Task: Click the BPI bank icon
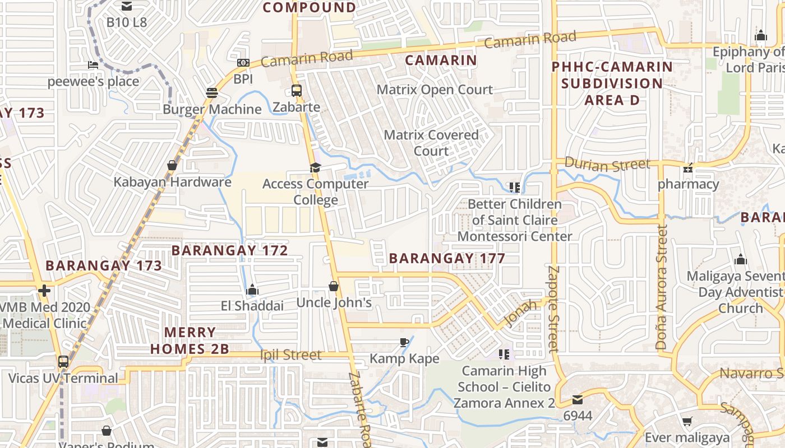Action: click(243, 63)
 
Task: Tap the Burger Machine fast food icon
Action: click(211, 92)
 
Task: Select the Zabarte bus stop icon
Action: click(296, 90)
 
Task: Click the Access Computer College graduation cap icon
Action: click(315, 167)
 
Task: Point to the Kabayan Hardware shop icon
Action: click(172, 165)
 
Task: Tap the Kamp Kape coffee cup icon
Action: click(404, 342)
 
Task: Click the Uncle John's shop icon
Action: click(334, 286)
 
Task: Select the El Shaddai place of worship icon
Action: click(252, 290)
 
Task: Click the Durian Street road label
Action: click(607, 164)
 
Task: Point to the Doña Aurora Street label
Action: click(662, 288)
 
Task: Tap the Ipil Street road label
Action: click(291, 355)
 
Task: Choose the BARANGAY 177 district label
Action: click(447, 258)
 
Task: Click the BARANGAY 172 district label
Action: click(230, 250)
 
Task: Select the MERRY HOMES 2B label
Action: click(190, 340)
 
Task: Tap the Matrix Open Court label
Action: click(435, 90)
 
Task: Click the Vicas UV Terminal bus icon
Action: click(63, 362)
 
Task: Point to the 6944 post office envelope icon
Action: click(577, 400)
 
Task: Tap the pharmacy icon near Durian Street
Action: click(688, 168)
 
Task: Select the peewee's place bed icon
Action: click(93, 65)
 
